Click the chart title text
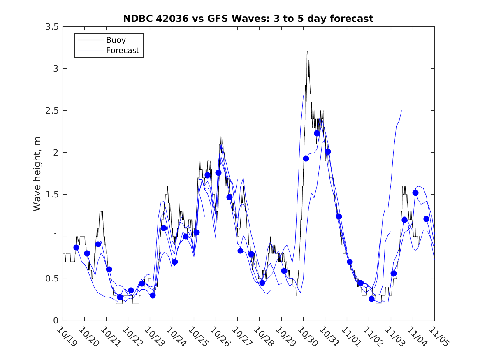tap(248, 19)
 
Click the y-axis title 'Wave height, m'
tap(37, 174)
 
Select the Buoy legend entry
tap(116, 40)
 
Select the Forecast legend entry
tap(123, 51)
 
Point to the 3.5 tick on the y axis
tap(52, 27)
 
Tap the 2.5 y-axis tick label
tap(52, 111)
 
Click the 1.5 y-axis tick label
tap(52, 195)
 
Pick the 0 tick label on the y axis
tap(55, 321)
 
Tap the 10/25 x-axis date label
tap(197, 336)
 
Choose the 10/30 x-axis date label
tap(306, 336)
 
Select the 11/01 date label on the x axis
tap(350, 336)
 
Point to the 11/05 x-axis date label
tap(438, 336)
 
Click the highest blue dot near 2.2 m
tap(317, 133)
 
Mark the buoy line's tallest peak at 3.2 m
tap(307, 52)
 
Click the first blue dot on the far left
tap(76, 247)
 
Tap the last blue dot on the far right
tap(426, 219)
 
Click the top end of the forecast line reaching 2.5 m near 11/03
tap(401, 111)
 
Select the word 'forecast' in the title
tap(354, 19)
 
